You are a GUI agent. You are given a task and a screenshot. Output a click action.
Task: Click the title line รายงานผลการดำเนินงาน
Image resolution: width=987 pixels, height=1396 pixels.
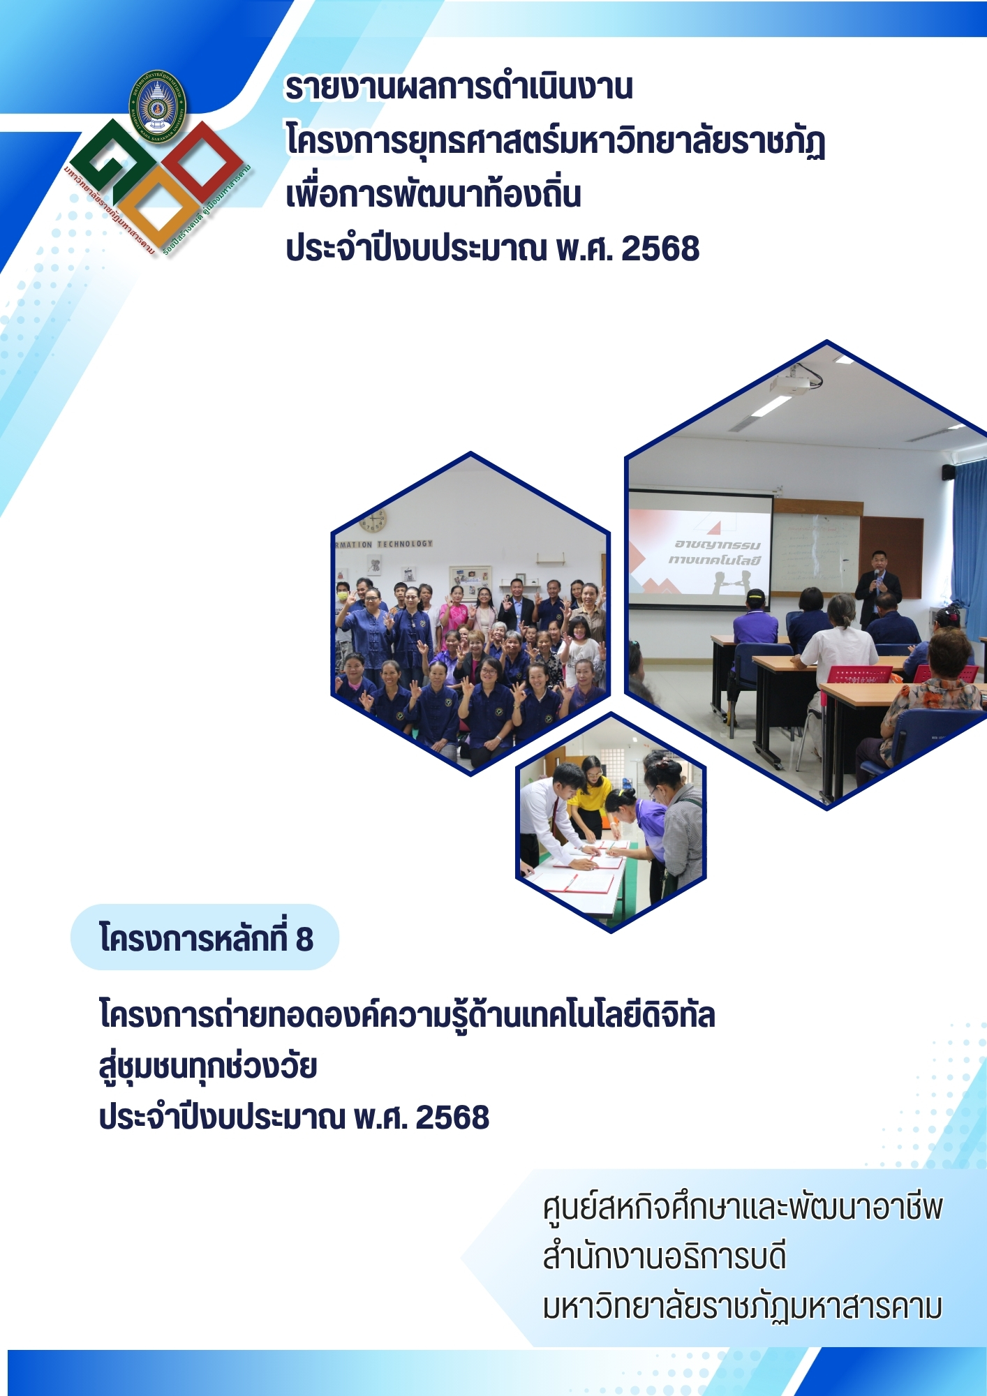(459, 87)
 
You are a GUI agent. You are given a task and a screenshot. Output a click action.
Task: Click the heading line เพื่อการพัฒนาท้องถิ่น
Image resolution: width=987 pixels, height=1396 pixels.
(433, 195)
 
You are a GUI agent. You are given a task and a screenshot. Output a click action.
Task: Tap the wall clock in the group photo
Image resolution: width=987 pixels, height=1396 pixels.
(374, 519)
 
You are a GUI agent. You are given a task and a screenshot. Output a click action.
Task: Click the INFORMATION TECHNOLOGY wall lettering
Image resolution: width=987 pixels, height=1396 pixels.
(385, 544)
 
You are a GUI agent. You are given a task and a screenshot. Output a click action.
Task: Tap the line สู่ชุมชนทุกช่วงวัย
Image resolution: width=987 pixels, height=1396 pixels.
(208, 1066)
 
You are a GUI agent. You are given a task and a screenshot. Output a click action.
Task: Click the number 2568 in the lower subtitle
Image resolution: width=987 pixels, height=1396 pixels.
(452, 1117)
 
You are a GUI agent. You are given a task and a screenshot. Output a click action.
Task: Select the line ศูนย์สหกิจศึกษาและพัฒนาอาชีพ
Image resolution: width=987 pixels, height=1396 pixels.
(743, 1207)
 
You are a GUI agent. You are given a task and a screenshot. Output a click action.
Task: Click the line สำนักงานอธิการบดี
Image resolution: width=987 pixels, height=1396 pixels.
(665, 1256)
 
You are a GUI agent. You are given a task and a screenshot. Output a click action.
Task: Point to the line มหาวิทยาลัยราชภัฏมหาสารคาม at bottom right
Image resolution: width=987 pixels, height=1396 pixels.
(743, 1307)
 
